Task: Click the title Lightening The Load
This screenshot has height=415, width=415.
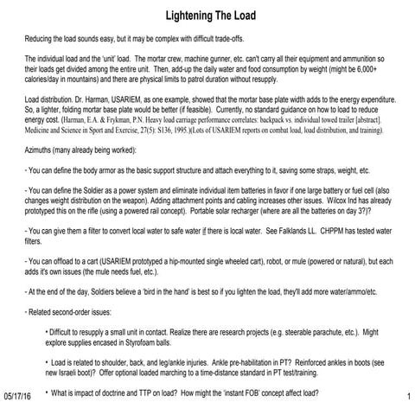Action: (x=210, y=17)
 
